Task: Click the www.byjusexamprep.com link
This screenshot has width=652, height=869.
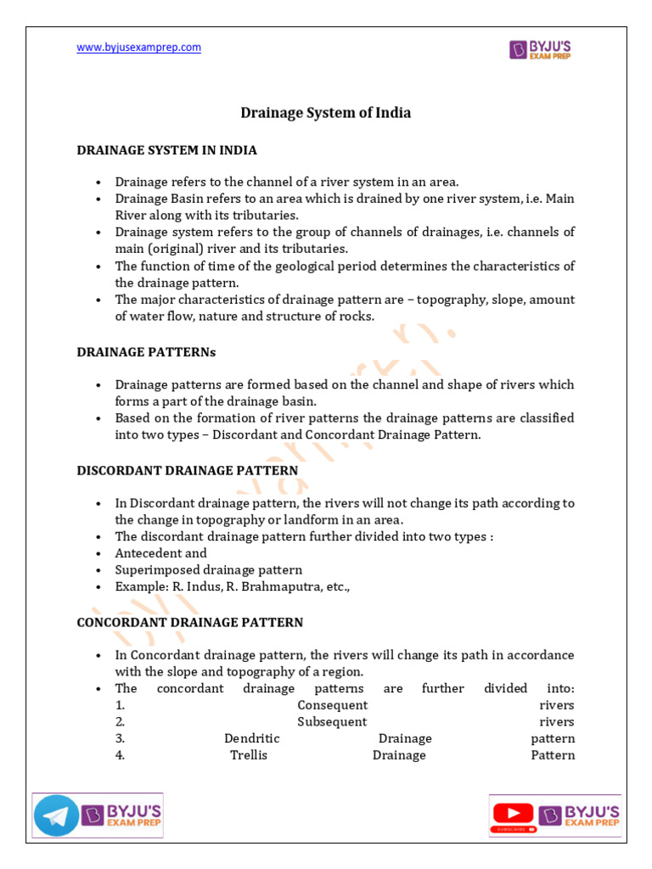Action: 139,48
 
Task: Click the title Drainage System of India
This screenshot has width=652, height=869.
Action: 326,113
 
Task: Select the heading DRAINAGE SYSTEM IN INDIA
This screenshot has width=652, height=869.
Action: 166,150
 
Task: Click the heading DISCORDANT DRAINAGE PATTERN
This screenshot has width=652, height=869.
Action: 188,470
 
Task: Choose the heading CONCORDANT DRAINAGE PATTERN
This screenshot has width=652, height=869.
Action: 190,622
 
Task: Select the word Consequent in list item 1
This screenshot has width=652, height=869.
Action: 332,705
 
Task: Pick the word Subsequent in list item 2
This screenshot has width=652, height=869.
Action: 332,722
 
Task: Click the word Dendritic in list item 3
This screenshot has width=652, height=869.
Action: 251,739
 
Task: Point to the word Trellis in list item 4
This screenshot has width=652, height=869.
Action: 249,755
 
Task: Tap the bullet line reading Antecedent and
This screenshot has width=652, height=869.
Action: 160,553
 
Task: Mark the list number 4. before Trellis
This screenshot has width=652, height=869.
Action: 121,755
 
